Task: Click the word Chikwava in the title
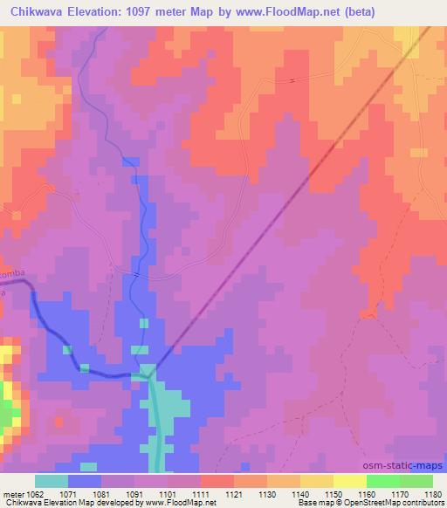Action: pos(39,11)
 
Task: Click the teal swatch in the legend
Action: pos(52,481)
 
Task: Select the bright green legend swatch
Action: pos(383,481)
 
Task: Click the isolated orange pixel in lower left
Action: pos(58,422)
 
